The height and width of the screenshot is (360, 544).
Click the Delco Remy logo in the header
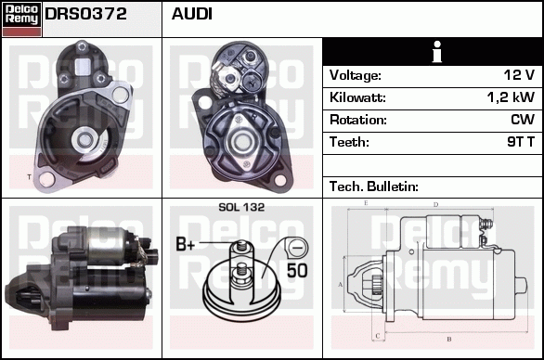tap(21, 19)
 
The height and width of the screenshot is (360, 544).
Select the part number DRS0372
tap(86, 14)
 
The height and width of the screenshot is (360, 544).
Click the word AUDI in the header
tap(192, 14)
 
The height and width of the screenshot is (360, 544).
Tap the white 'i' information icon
tap(432, 52)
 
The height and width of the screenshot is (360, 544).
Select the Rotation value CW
tap(522, 120)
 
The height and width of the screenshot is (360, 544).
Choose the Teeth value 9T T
tap(517, 142)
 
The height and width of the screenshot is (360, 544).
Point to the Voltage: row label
tap(356, 75)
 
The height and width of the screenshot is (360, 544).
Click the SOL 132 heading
tap(241, 208)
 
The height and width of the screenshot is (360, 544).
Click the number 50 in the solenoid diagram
tap(296, 271)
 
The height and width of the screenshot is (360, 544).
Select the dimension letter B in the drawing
tap(448, 340)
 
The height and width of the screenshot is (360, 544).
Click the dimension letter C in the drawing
tap(376, 334)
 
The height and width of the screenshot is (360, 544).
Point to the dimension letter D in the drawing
tap(435, 204)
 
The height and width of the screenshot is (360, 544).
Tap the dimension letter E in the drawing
tap(367, 202)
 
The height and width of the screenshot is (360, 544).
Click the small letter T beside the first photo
tap(29, 176)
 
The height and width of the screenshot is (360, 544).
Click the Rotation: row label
tap(356, 120)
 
